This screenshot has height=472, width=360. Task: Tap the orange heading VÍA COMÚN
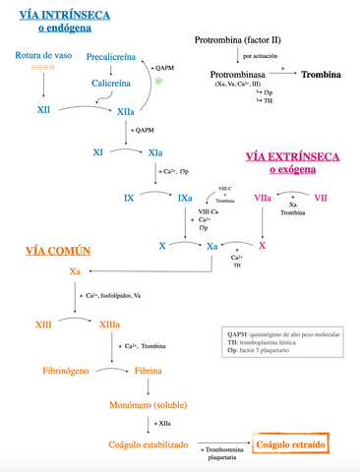(x=49, y=250)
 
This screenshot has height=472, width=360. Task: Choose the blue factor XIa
(x=155, y=153)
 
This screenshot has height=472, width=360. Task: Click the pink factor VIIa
(x=263, y=199)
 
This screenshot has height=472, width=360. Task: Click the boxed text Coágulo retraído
(x=290, y=445)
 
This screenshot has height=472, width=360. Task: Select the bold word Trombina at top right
(x=322, y=75)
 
